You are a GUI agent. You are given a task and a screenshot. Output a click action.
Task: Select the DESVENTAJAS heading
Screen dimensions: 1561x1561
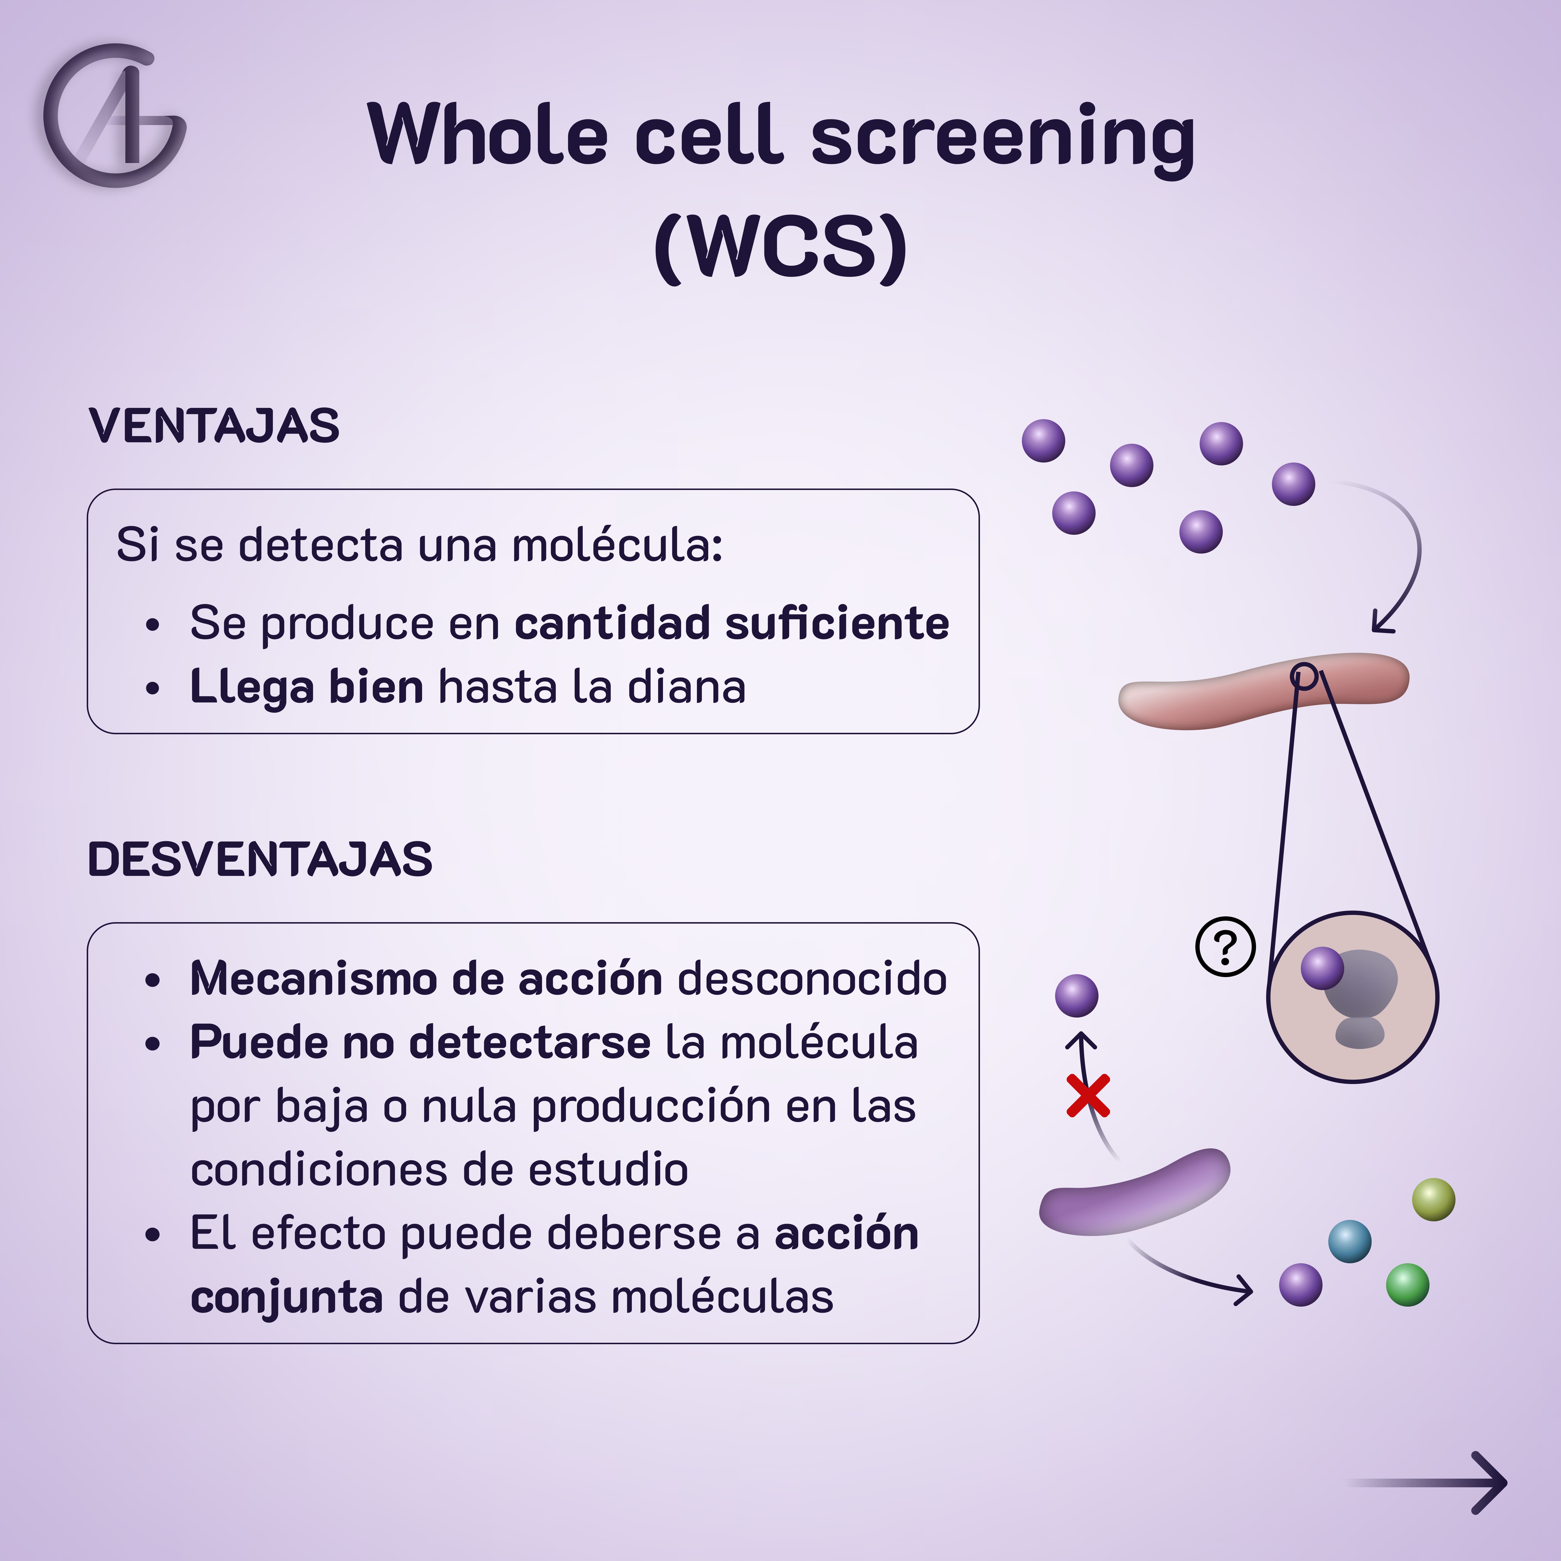coord(260,859)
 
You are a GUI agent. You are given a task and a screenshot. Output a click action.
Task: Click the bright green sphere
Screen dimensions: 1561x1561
coord(1408,1285)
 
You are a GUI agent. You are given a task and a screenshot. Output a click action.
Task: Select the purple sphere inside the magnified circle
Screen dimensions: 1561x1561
coord(1322,968)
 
